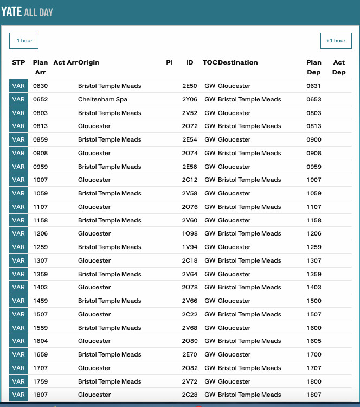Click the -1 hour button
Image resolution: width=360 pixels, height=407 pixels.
(24, 41)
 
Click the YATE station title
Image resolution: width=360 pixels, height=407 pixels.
(11, 12)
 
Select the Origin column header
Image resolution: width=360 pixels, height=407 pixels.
(89, 63)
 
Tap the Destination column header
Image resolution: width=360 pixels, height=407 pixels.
(238, 63)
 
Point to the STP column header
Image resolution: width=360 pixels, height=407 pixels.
(18, 63)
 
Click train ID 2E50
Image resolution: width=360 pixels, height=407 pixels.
(189, 86)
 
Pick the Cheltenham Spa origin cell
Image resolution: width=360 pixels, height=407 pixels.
(103, 100)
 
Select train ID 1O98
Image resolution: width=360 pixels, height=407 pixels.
(189, 234)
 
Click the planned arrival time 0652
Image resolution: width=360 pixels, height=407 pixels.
(40, 100)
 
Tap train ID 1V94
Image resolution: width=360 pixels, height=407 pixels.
(189, 247)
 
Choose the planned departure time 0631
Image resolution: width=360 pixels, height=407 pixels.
(313, 86)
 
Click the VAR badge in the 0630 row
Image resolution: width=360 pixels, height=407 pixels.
(18, 86)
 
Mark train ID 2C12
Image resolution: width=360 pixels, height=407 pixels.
(189, 180)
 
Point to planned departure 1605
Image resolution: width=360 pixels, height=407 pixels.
(313, 341)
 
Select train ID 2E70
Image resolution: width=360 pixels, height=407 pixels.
(189, 355)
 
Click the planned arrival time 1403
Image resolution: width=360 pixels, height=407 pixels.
(40, 288)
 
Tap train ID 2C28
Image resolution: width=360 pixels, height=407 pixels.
(189, 395)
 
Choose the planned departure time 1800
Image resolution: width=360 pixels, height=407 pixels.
(313, 382)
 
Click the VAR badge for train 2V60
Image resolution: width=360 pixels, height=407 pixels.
(18, 221)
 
